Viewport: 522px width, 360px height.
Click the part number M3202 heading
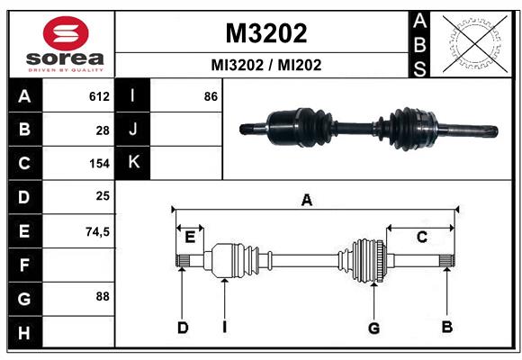(265, 33)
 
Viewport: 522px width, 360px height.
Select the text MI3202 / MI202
(265, 65)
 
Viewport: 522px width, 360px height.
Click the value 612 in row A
(99, 96)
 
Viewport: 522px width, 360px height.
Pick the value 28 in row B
(103, 130)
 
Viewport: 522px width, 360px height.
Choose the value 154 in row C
(99, 164)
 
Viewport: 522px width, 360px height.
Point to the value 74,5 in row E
(97, 231)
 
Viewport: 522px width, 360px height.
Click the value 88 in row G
(103, 295)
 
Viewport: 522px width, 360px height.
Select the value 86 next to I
(211, 95)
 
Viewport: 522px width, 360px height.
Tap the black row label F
(24, 265)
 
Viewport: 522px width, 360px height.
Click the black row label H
(24, 333)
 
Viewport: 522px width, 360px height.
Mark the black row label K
(133, 163)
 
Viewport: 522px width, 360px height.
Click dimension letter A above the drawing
(307, 201)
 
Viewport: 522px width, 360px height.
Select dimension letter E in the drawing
(190, 238)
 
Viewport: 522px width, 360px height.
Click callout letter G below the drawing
(373, 328)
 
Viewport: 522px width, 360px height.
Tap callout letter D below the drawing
(182, 328)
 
